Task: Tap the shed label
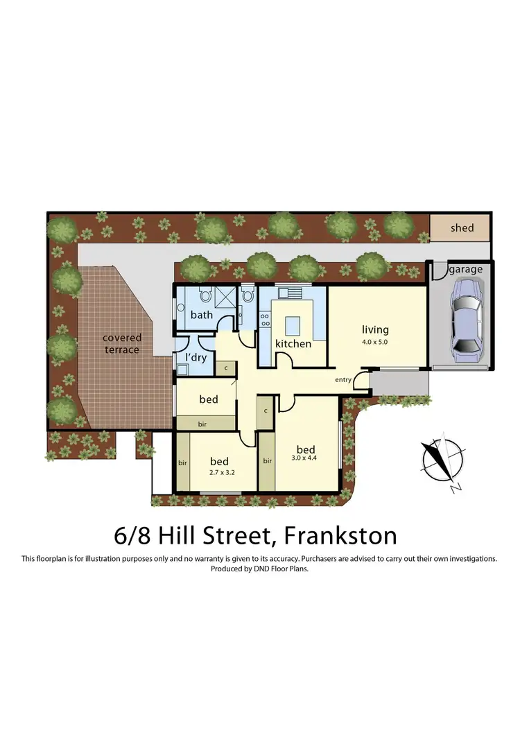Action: pyautogui.click(x=462, y=228)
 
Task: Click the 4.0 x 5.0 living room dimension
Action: pyautogui.click(x=375, y=342)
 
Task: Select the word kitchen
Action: pyautogui.click(x=292, y=344)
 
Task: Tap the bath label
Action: pyautogui.click(x=202, y=315)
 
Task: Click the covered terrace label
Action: pyautogui.click(x=122, y=343)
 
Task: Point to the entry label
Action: pyautogui.click(x=343, y=379)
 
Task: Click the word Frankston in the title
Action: pyautogui.click(x=339, y=535)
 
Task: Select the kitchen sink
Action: pyautogui.click(x=291, y=293)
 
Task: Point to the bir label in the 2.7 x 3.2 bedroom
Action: pyautogui.click(x=183, y=462)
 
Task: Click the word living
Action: pyautogui.click(x=375, y=329)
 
